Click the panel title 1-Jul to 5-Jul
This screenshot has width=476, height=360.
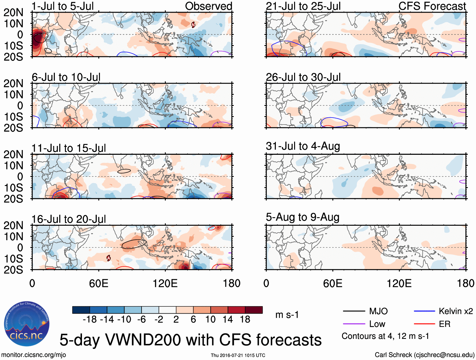click(x=63, y=6)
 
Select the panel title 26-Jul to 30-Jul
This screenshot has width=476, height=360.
click(x=303, y=77)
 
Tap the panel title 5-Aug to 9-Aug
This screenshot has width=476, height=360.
click(x=303, y=217)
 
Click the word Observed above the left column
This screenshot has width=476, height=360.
click(x=208, y=6)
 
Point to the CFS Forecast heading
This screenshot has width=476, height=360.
click(x=432, y=6)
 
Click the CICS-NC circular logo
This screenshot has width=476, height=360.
click(x=27, y=324)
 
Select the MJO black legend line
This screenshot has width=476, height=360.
click(x=354, y=311)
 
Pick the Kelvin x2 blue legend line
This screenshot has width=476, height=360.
click(x=424, y=311)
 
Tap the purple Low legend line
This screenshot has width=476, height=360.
click(x=354, y=324)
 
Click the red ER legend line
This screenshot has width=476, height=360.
click(x=424, y=324)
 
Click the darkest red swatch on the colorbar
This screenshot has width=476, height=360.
click(x=254, y=310)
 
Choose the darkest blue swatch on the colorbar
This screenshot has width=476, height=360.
click(x=81, y=310)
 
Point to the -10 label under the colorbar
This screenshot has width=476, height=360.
click(x=124, y=320)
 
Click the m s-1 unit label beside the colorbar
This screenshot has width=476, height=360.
click(x=287, y=315)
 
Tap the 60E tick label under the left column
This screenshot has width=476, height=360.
click(x=99, y=283)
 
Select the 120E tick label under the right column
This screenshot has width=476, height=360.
click(x=399, y=283)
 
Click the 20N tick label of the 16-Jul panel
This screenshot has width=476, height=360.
click(x=13, y=225)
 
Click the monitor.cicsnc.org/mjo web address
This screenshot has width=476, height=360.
click(x=34, y=355)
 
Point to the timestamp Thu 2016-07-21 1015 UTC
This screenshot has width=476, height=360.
click(x=238, y=355)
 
